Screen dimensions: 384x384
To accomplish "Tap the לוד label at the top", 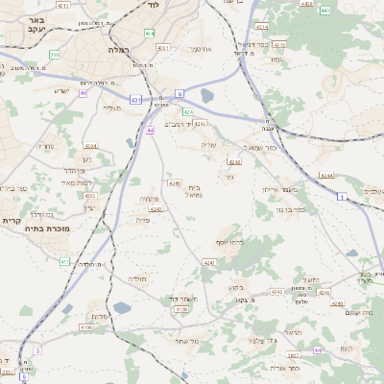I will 153,5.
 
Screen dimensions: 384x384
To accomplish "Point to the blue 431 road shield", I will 135,99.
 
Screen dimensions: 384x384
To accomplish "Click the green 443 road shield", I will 324,11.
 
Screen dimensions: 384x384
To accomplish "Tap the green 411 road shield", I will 64,261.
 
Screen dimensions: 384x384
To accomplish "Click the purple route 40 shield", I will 84,93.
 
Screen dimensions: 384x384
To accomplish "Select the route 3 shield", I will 36,351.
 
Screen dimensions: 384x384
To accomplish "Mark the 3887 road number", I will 294,355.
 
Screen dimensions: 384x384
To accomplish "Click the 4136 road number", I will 86,327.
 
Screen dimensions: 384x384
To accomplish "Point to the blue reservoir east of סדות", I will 122,308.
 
